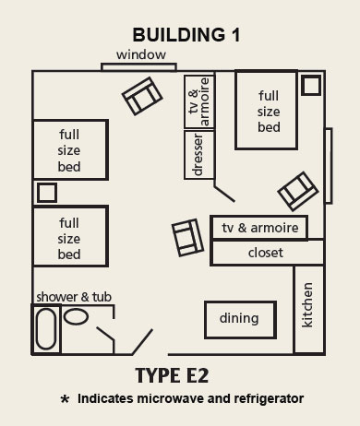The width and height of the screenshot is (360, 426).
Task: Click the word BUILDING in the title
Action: [x=171, y=36]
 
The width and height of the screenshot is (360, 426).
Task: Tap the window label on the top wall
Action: [x=140, y=55]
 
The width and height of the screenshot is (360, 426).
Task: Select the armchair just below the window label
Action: [x=141, y=94]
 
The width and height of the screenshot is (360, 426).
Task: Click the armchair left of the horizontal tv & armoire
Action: [x=188, y=238]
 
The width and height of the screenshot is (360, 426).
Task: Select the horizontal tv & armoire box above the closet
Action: [x=258, y=228]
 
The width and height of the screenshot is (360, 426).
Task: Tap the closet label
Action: [x=266, y=253]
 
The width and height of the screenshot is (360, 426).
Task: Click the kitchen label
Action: [x=307, y=307]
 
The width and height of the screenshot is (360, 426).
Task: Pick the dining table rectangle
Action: [x=239, y=319]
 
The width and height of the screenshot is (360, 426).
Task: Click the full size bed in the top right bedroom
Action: [x=268, y=111]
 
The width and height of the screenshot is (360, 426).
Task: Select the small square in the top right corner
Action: [x=312, y=86]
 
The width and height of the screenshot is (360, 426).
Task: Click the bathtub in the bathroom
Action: [x=46, y=328]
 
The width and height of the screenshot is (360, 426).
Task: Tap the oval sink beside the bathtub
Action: [x=78, y=316]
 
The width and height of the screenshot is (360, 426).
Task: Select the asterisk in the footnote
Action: [x=65, y=400]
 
